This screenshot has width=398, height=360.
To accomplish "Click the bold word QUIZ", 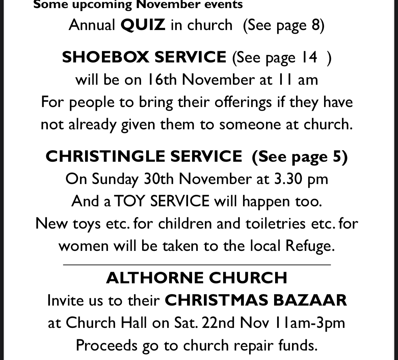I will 143,25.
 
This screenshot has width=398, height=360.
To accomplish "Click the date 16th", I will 162,80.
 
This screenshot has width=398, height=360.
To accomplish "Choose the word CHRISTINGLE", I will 105,156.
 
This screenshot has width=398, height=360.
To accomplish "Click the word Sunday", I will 115,179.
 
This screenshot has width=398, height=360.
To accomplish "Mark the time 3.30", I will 288,179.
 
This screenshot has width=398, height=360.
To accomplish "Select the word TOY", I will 130,201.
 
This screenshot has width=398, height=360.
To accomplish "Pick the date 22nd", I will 218,323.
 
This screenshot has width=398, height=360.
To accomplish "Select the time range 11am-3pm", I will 310,323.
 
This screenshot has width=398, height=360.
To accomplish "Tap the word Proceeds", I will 106,345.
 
